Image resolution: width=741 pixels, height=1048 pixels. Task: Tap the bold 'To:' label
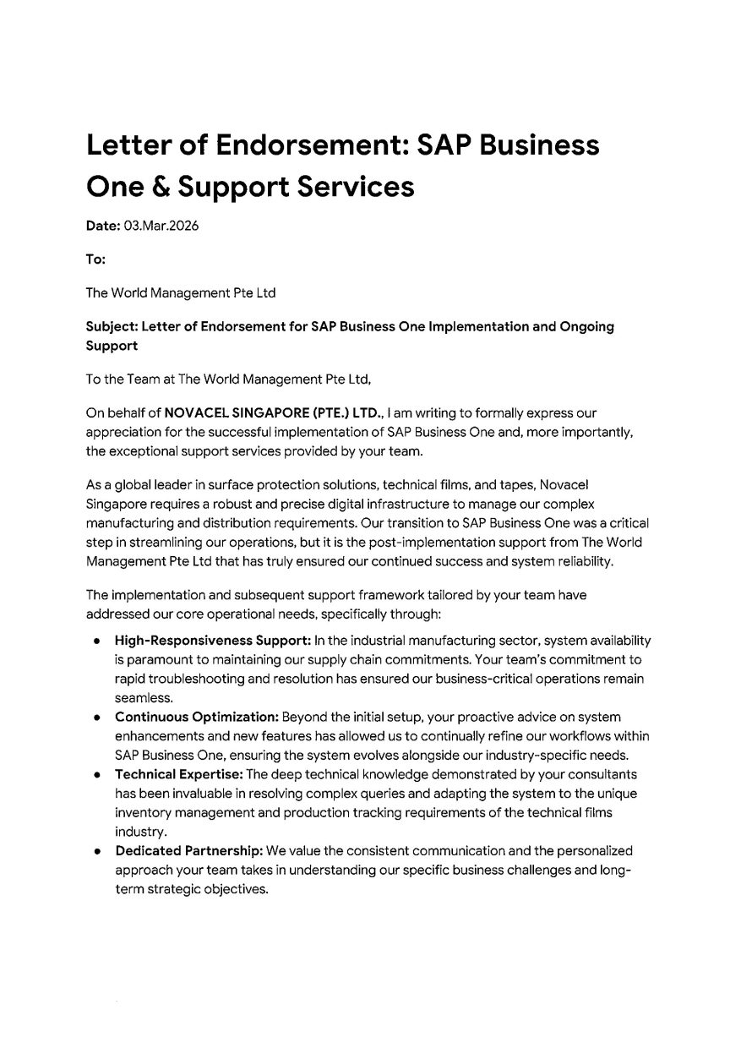point(95,260)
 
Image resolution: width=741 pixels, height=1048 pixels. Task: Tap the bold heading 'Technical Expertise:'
point(179,774)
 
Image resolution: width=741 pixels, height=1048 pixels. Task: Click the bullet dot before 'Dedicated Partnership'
point(99,850)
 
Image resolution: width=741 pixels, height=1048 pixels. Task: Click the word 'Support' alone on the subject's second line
point(112,346)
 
